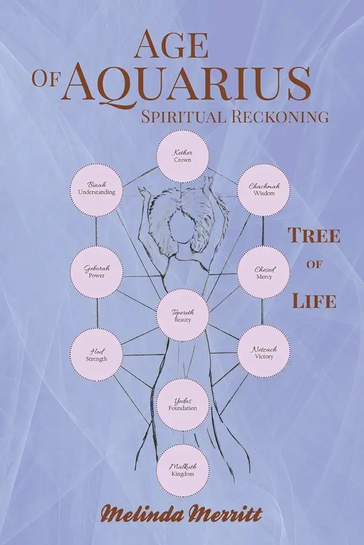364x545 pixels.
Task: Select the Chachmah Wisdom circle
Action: (263, 190)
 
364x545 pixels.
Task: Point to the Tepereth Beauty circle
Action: (183, 316)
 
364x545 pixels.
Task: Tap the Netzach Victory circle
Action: (263, 350)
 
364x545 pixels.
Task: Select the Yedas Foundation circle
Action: (183, 404)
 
